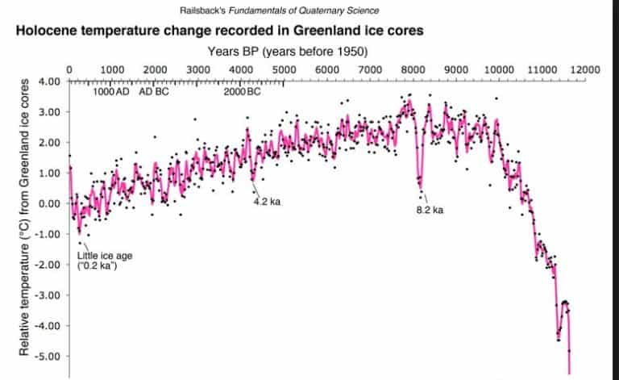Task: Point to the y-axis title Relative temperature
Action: tap(24, 218)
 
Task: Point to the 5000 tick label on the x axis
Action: tap(283, 70)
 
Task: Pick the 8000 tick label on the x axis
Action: tap(413, 70)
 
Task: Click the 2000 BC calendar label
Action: tap(243, 91)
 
